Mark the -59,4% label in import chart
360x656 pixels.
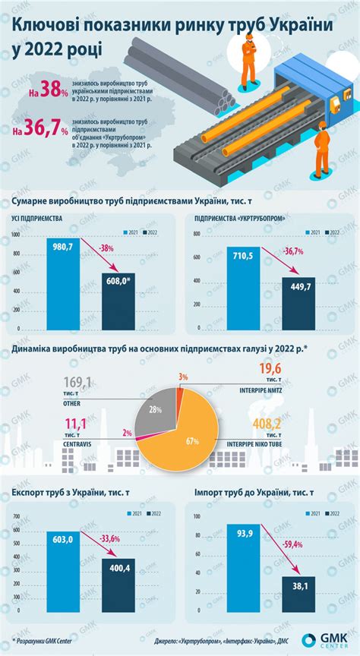290,544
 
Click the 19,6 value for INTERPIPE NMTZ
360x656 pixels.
270,369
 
